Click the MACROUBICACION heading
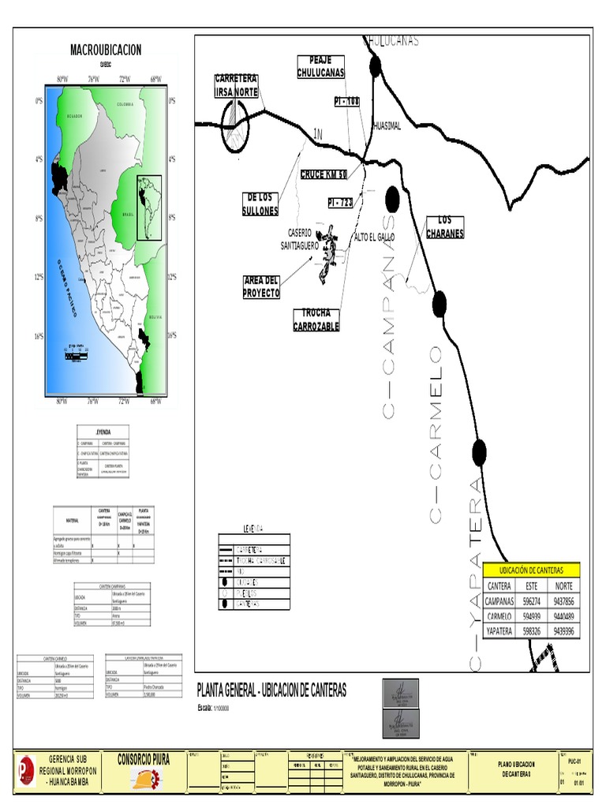106,50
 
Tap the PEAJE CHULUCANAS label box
321,67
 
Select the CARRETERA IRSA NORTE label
237,86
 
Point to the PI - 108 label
347,102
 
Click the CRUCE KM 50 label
324,174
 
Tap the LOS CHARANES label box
445,227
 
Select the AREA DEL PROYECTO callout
262,287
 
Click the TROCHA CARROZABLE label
316,320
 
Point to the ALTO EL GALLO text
375,237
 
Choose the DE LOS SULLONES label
260,204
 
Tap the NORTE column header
563,586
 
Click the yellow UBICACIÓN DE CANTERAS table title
531,570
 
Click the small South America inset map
149,208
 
